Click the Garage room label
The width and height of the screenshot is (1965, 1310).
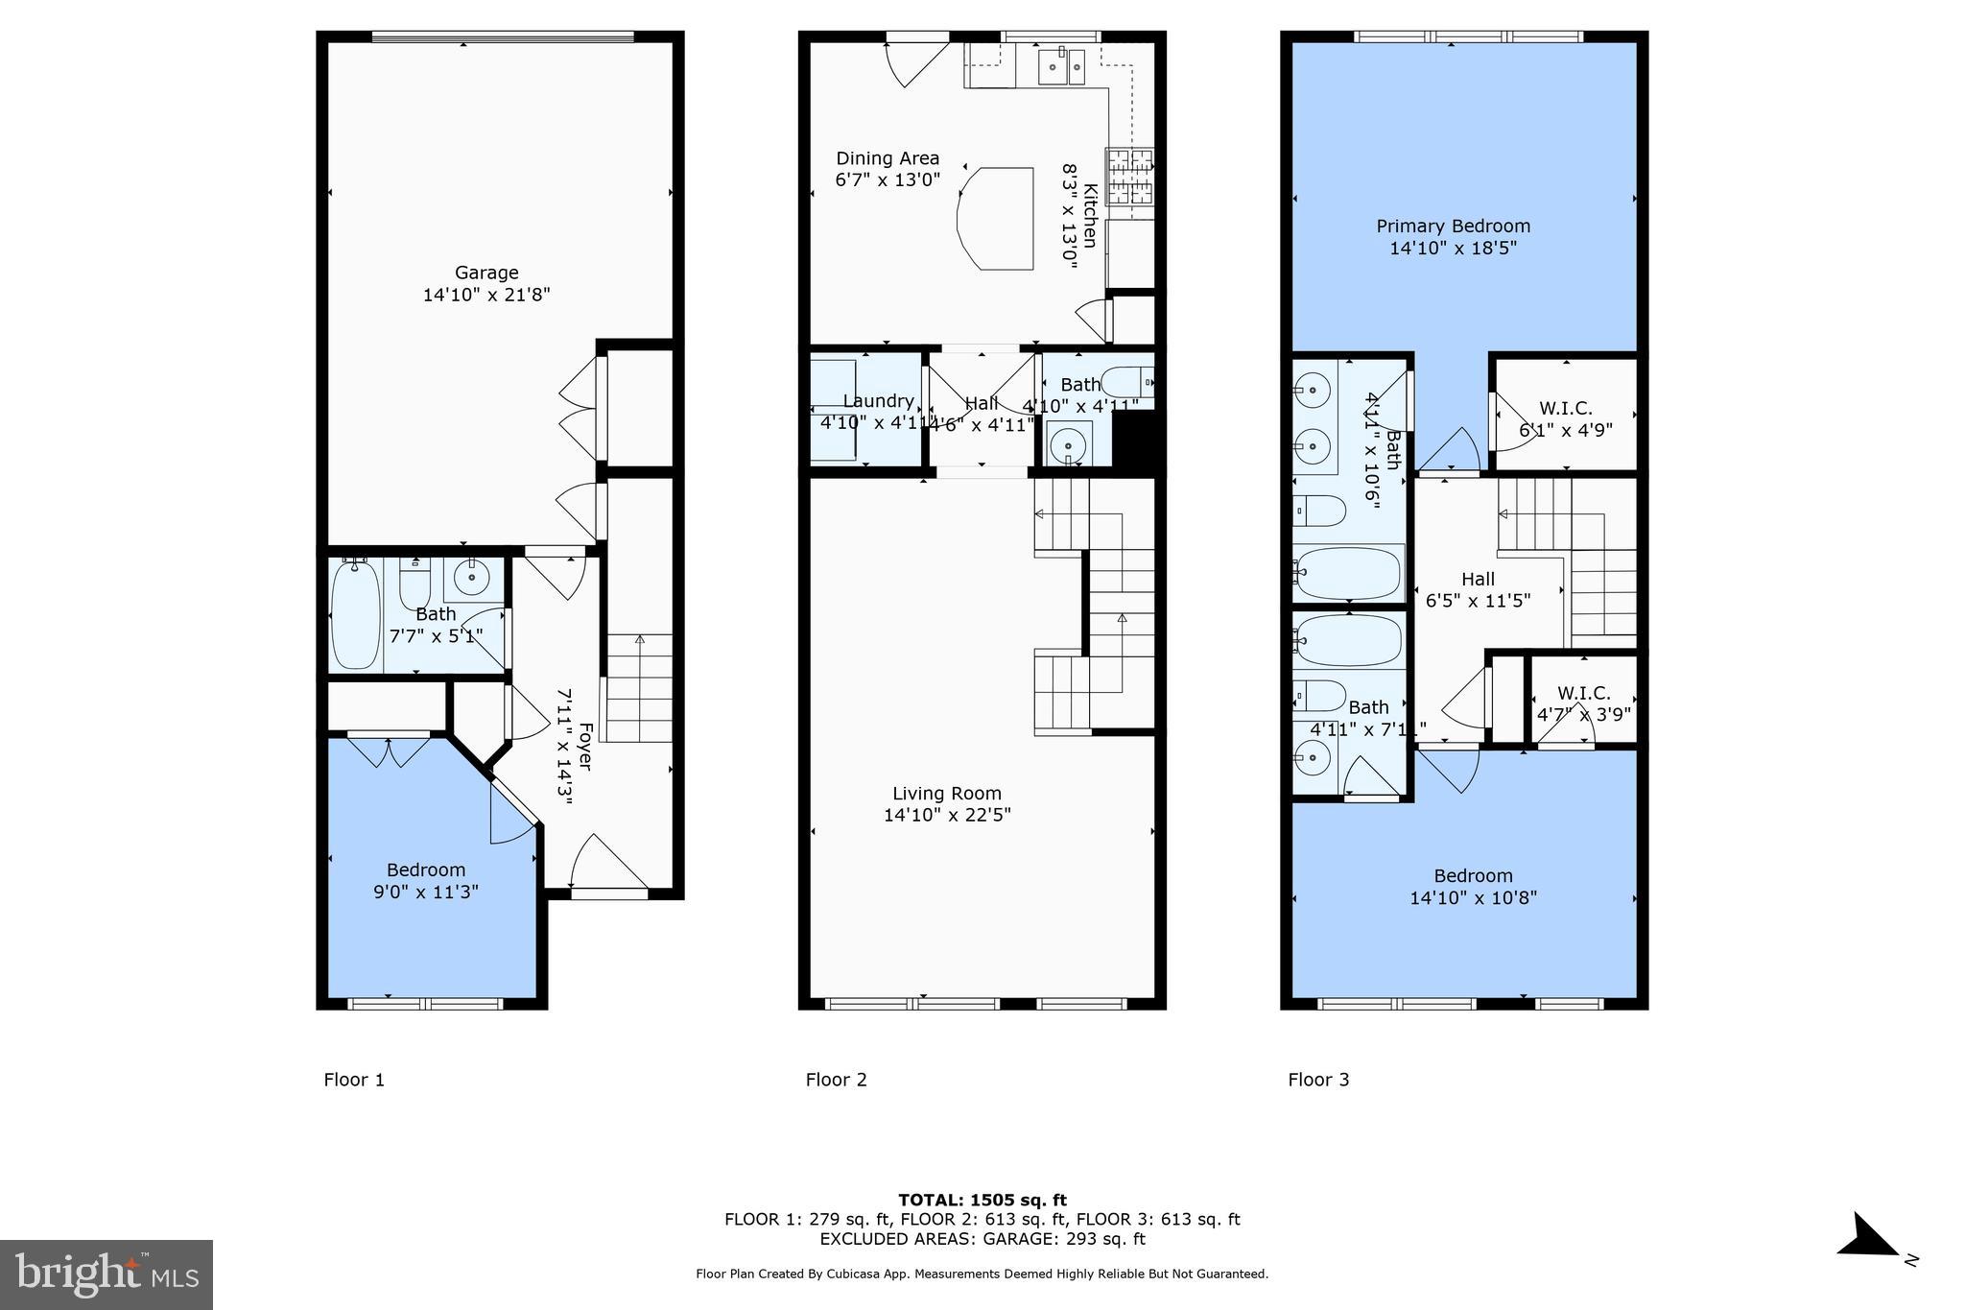click(486, 273)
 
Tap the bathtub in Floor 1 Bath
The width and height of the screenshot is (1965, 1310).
click(355, 615)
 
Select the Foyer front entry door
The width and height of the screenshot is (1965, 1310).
click(608, 864)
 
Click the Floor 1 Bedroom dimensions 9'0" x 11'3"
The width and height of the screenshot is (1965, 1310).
click(426, 893)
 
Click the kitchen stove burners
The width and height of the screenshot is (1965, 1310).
click(1129, 176)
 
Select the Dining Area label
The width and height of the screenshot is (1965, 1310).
click(888, 158)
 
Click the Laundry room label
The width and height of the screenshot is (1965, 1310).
click(878, 401)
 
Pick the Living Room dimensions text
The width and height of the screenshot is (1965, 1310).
click(947, 815)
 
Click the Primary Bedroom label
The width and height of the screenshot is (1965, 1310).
click(1453, 226)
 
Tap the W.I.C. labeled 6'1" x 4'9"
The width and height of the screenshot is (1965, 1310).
click(1565, 419)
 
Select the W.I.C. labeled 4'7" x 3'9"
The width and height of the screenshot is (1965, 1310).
click(1583, 703)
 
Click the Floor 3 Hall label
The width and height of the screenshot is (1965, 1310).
click(1478, 579)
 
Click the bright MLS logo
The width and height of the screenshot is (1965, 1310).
click(107, 1274)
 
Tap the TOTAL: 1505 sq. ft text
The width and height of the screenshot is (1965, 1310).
click(982, 1200)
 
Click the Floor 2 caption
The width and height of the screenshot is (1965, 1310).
click(836, 1080)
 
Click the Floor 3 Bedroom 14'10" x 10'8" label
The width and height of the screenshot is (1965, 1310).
click(1473, 887)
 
